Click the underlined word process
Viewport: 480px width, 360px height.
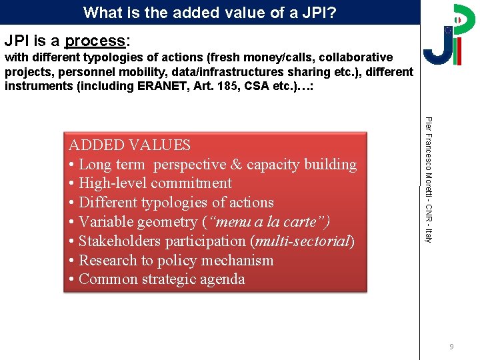[x=94, y=41]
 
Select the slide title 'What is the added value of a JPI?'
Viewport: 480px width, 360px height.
[x=210, y=12]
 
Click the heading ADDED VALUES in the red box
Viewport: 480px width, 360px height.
[x=129, y=145]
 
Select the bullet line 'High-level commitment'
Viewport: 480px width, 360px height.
[x=155, y=183]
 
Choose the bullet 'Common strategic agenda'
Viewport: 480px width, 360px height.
[x=161, y=279]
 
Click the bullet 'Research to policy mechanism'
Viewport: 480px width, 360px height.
[x=176, y=261]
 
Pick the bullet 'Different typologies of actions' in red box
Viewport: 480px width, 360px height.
[x=176, y=203]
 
